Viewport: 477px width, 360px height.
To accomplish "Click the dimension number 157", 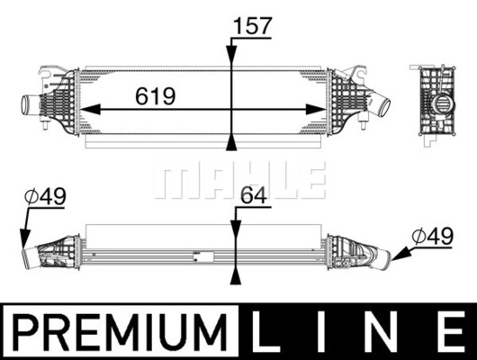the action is tap(252, 25).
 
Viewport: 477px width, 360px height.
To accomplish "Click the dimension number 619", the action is tap(156, 96).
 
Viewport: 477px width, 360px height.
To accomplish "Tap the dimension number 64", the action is tap(254, 195).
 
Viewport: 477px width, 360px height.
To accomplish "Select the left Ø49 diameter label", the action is tap(45, 196).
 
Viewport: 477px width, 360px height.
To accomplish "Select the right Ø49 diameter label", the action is tap(433, 236).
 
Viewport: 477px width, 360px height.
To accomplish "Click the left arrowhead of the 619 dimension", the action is tap(90, 109).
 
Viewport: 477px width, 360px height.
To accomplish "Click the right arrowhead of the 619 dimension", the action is tap(316, 109).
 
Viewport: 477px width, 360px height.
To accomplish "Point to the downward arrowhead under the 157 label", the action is tap(231, 56).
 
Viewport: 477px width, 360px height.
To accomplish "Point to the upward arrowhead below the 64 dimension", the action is tap(236, 274).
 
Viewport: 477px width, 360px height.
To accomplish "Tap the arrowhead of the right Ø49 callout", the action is tap(400, 254).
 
